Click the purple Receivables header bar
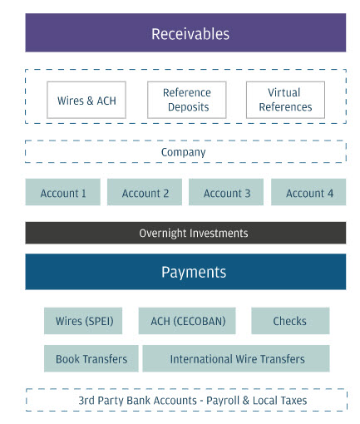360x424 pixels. [x=185, y=32]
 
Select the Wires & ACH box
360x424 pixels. [x=86, y=100]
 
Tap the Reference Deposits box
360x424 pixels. [x=187, y=100]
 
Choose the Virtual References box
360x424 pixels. [x=285, y=100]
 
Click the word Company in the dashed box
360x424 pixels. [x=184, y=152]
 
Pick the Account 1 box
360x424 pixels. [x=63, y=192]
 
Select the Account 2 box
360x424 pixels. [x=145, y=192]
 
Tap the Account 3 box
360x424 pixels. [x=226, y=192]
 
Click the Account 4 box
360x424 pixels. [x=308, y=192]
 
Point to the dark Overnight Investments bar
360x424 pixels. [x=185, y=233]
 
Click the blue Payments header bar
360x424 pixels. [x=185, y=272]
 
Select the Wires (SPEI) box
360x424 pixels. [x=83, y=321]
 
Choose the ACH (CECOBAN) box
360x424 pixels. [x=187, y=321]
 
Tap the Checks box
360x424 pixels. [x=290, y=321]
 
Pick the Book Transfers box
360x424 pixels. [x=91, y=358]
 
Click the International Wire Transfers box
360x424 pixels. [x=236, y=358]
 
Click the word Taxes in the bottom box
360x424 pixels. [x=293, y=401]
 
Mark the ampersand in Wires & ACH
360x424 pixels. [x=90, y=101]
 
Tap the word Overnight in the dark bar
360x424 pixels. [x=163, y=234]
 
